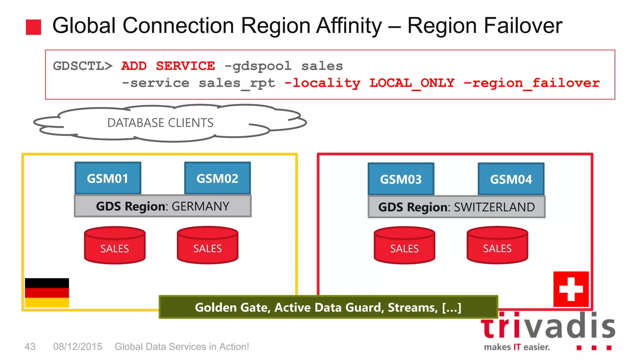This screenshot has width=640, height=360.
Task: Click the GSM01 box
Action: tap(108, 178)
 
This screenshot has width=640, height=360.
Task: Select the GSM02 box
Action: tap(217, 178)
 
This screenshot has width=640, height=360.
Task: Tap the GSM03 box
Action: tap(401, 179)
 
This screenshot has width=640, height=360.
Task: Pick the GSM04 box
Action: tap(511, 179)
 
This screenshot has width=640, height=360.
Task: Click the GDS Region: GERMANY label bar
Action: tap(162, 206)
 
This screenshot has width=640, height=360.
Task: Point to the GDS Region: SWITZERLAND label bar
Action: tap(457, 207)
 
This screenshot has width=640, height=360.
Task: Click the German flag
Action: tap(47, 293)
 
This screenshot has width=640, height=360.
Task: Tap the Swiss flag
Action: tap(571, 289)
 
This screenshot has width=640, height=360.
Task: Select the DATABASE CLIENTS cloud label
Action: tap(160, 123)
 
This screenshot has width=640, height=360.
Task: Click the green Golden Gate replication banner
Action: tap(328, 307)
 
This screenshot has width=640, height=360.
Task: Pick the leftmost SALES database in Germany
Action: tap(115, 246)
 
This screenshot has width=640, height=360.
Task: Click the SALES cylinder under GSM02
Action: tap(207, 246)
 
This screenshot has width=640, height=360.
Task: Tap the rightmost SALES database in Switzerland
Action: tap(497, 246)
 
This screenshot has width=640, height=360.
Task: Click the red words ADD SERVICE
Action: tap(168, 66)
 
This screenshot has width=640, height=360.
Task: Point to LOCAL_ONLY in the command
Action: tap(412, 83)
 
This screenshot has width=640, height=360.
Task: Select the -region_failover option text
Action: tap(532, 83)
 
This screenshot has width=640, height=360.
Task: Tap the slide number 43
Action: tap(30, 347)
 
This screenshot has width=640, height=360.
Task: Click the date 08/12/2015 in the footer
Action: tap(77, 347)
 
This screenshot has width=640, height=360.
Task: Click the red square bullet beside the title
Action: tap(33, 27)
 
